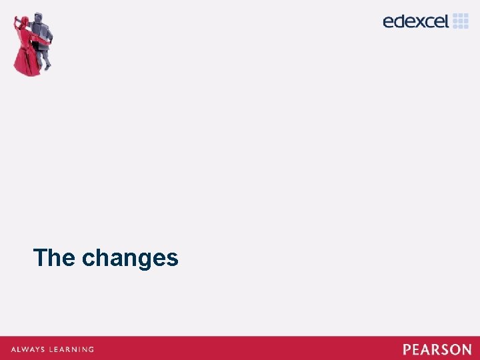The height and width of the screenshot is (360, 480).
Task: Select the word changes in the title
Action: coord(130,259)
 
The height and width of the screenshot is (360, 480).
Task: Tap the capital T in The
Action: coord(40,257)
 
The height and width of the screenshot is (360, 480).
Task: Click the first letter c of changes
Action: coord(88,259)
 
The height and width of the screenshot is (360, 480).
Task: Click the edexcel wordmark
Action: coord(416,21)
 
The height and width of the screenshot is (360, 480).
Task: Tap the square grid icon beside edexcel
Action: coord(461,21)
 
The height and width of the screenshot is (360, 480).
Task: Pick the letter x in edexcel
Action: coord(417,22)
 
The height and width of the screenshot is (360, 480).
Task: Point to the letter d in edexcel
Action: coord(402,21)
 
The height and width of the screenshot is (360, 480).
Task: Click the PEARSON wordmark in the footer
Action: coord(437,349)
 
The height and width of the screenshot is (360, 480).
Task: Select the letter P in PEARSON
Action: coord(407,349)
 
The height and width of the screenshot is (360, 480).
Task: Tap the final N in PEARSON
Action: coord(466,349)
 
